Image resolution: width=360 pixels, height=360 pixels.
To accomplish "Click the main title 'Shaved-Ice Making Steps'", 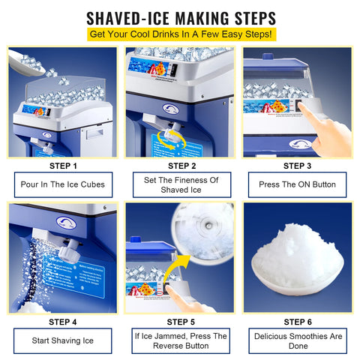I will tap(180, 17).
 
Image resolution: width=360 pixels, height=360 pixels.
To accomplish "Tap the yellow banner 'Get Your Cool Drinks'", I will tap(180, 34).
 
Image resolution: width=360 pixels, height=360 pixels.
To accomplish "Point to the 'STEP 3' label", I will tap(298, 166).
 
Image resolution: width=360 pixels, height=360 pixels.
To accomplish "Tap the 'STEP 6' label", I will tap(298, 322).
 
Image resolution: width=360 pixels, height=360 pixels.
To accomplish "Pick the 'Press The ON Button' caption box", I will tap(298, 184).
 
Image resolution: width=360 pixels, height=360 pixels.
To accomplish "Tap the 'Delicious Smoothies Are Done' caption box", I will tap(298, 341).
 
